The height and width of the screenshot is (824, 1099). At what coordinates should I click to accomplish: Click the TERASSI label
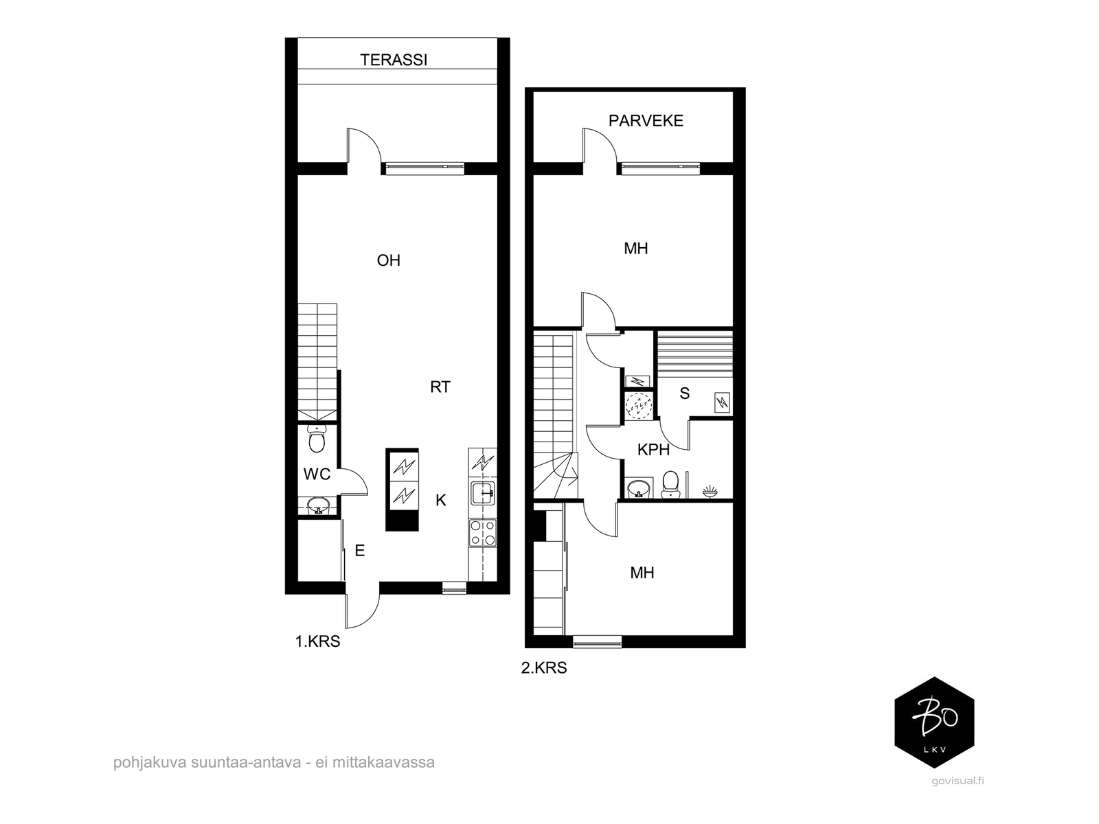pyautogui.click(x=394, y=60)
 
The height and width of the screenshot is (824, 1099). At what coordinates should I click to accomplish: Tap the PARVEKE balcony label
pyautogui.click(x=646, y=121)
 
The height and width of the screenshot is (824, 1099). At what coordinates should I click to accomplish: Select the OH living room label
pyautogui.click(x=389, y=260)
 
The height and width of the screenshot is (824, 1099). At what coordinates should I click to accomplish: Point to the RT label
pyautogui.click(x=440, y=387)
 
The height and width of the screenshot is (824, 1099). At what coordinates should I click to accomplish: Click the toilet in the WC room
pyautogui.click(x=316, y=439)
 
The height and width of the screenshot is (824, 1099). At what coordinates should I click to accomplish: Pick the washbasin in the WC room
pyautogui.click(x=318, y=505)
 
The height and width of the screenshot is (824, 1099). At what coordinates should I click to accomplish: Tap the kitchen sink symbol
pyautogui.click(x=483, y=493)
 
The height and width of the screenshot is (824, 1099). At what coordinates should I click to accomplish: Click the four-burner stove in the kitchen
pyautogui.click(x=483, y=533)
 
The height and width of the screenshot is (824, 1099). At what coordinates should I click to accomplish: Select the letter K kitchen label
pyautogui.click(x=440, y=500)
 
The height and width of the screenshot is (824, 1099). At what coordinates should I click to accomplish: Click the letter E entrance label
pyautogui.click(x=359, y=551)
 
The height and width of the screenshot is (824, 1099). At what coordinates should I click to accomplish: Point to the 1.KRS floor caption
pyautogui.click(x=317, y=641)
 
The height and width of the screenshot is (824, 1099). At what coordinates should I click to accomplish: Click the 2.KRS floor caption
pyautogui.click(x=544, y=668)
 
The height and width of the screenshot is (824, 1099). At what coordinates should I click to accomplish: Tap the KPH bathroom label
pyautogui.click(x=653, y=450)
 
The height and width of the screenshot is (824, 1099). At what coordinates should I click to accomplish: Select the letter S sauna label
pyautogui.click(x=684, y=393)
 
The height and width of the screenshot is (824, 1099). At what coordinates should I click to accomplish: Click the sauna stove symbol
pyautogui.click(x=722, y=402)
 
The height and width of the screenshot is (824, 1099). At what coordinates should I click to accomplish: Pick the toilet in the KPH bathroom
pyautogui.click(x=670, y=484)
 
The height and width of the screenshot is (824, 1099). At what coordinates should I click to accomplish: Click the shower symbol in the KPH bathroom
pyautogui.click(x=710, y=491)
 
